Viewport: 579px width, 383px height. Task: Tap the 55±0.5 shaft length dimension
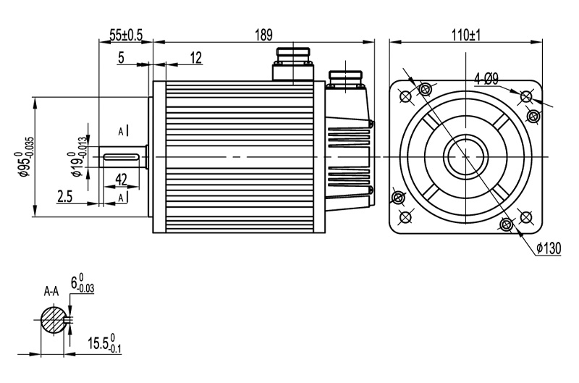click(126, 34)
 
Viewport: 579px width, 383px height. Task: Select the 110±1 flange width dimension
click(466, 34)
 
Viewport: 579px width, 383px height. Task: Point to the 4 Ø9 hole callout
click(486, 78)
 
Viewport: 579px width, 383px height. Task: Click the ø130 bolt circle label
click(549, 248)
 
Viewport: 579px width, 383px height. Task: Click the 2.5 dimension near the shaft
click(64, 195)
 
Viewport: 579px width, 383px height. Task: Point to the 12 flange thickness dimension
click(195, 58)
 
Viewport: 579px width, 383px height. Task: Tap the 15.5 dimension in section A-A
click(102, 342)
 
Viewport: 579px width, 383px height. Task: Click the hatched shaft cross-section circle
click(52, 320)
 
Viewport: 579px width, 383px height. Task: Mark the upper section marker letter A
click(121, 130)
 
